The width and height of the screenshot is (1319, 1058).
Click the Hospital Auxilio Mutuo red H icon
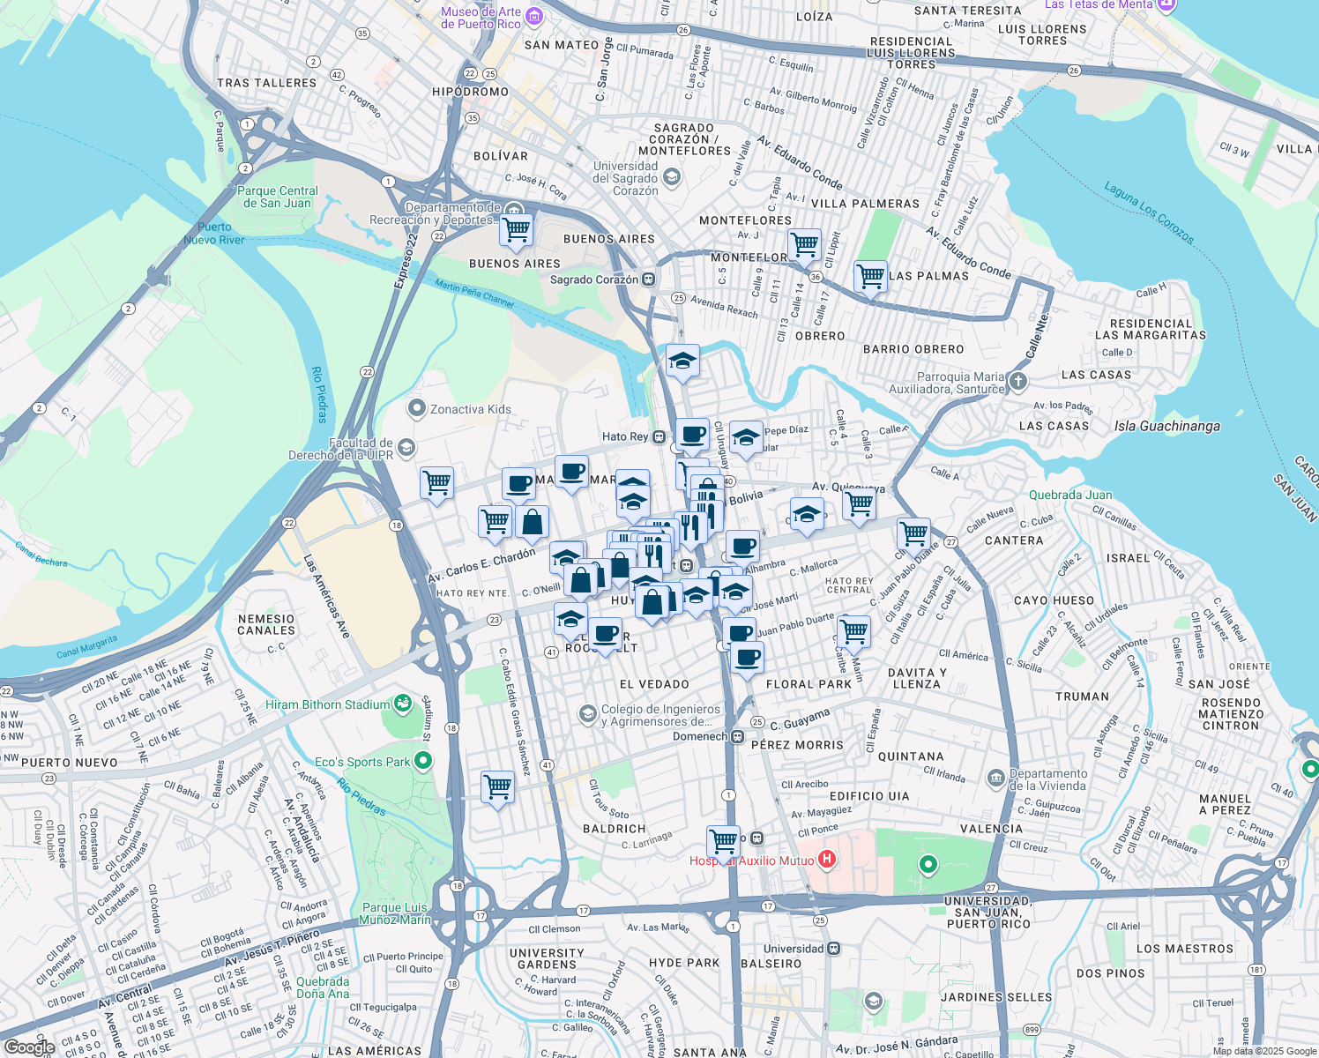click(x=827, y=859)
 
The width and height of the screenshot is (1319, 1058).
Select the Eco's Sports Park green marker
click(x=423, y=760)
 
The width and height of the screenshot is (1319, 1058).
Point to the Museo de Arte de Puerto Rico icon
click(x=533, y=16)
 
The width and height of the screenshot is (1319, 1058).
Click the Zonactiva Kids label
click(x=470, y=409)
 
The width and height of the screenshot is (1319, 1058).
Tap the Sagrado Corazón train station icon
click(x=648, y=279)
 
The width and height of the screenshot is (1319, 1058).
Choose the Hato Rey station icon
click(x=659, y=436)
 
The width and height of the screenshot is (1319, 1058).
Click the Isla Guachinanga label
click(x=1166, y=427)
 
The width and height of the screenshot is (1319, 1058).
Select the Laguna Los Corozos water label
click(x=1149, y=213)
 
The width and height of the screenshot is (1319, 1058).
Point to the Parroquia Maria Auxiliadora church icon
click(x=1018, y=381)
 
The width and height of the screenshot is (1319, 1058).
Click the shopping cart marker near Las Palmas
click(x=870, y=277)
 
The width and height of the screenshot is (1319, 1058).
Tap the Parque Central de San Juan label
click(x=277, y=197)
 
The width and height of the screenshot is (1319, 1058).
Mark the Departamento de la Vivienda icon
click(x=995, y=779)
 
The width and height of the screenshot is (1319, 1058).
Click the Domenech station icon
click(x=737, y=736)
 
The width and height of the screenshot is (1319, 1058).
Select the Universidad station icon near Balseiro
click(x=834, y=949)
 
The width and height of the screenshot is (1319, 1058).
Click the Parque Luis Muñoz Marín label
click(x=396, y=913)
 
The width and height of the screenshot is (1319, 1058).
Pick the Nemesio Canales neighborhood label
click(x=266, y=624)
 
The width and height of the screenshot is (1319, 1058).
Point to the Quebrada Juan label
click(x=1069, y=495)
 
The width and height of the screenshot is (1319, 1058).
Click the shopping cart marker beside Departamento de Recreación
click(x=516, y=230)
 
